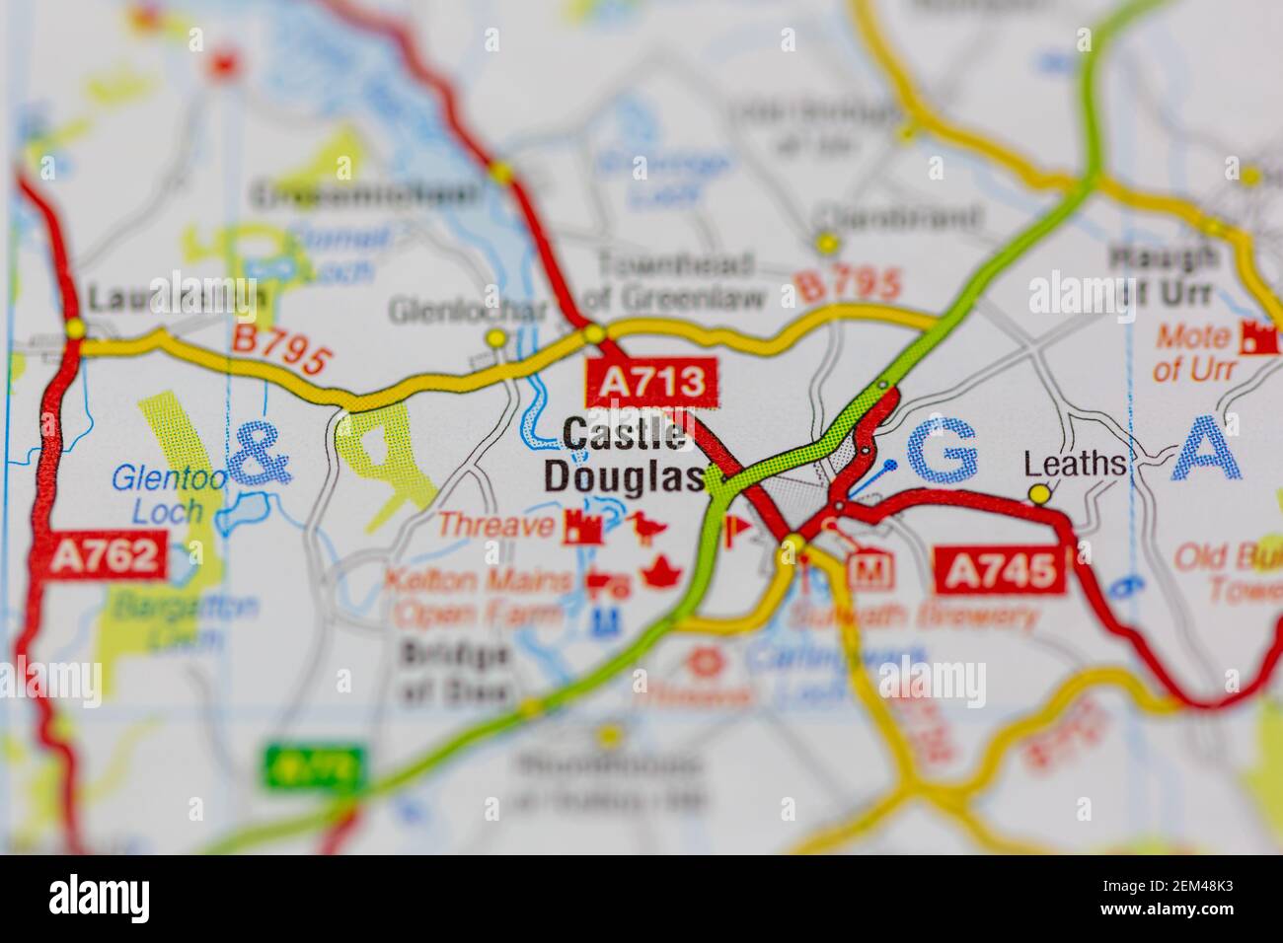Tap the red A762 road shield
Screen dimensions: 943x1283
click(x=106, y=556)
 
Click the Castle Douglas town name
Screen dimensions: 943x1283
click(x=623, y=455)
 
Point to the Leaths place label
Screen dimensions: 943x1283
click(x=1074, y=464)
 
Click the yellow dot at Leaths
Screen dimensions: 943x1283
click(x=1037, y=492)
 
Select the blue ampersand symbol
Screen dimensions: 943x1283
click(x=260, y=456)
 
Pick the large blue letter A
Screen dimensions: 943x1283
click(x=1210, y=449)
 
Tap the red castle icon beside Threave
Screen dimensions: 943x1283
click(x=583, y=528)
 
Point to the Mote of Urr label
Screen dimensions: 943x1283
click(x=1192, y=352)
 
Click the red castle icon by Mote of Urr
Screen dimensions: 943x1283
click(x=1259, y=337)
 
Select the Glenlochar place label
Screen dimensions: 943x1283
click(x=467, y=311)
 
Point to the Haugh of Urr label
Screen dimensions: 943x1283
click(x=1164, y=276)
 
